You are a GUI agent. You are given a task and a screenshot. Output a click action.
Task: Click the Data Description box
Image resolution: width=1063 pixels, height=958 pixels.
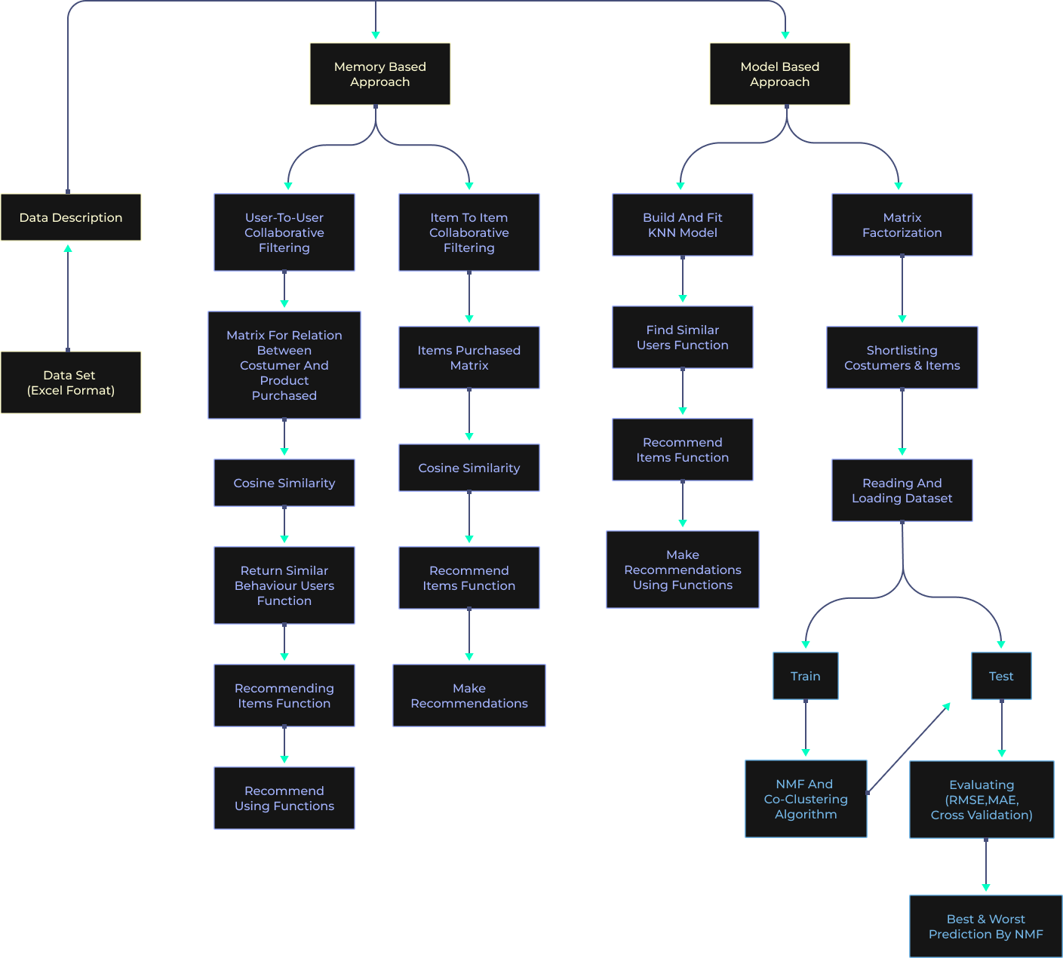71,217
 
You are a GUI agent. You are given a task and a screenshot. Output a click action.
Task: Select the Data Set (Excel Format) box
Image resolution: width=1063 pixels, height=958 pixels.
71,382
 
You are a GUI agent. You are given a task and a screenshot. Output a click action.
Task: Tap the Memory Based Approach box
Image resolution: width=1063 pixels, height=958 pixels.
379,74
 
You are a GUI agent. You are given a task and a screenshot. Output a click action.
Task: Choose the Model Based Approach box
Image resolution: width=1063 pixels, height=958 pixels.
779,74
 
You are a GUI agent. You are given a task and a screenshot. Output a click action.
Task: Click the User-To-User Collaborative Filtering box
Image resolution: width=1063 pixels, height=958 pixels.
284,232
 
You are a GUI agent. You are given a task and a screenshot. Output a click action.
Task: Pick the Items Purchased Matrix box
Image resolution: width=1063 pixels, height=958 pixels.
469,358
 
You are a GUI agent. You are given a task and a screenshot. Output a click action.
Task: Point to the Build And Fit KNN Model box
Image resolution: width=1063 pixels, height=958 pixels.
683,225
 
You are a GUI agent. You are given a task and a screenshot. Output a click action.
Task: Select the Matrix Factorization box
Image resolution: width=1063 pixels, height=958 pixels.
902,225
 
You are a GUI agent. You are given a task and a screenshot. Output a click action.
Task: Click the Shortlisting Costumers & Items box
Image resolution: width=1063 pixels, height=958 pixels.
902,358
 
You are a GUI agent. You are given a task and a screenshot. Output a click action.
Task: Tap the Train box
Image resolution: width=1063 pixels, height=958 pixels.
806,676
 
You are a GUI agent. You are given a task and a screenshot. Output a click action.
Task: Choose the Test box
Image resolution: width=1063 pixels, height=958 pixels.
1001,676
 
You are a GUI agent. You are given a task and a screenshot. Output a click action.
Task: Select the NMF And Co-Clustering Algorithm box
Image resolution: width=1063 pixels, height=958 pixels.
806,799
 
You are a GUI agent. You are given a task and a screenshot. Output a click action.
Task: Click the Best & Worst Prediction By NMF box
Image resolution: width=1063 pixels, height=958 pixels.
985,926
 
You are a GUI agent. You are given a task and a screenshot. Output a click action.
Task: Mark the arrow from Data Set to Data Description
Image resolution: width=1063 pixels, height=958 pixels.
68,298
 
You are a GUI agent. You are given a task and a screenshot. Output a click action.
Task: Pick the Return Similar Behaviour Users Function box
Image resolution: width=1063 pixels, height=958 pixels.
284,585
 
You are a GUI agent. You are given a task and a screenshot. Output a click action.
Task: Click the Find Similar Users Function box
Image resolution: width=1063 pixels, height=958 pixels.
683,337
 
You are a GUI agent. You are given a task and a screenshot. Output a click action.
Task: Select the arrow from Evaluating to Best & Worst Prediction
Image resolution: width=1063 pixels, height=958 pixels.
985,864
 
